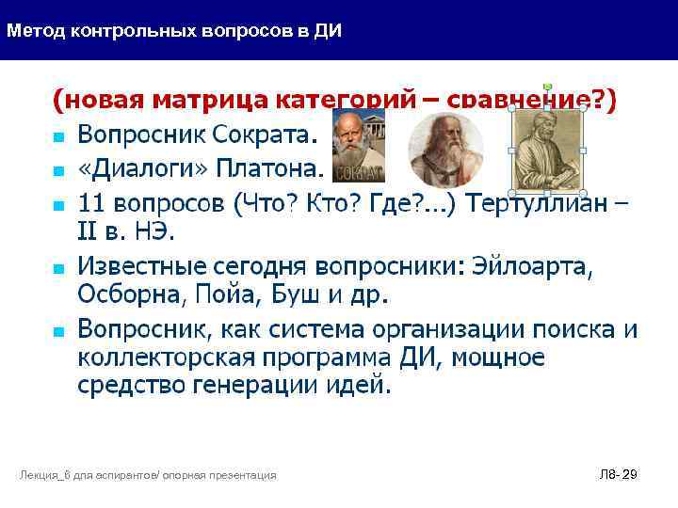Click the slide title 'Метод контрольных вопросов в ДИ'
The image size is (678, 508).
(174, 30)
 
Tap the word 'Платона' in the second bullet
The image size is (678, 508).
(269, 170)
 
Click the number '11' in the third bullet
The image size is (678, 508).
(91, 205)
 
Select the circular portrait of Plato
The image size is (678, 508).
(445, 150)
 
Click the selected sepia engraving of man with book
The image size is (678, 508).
(547, 151)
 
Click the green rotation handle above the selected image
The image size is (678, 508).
(548, 87)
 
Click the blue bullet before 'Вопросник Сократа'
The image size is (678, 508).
(58, 137)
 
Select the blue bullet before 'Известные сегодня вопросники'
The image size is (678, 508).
(58, 268)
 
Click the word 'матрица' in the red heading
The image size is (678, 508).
(212, 101)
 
